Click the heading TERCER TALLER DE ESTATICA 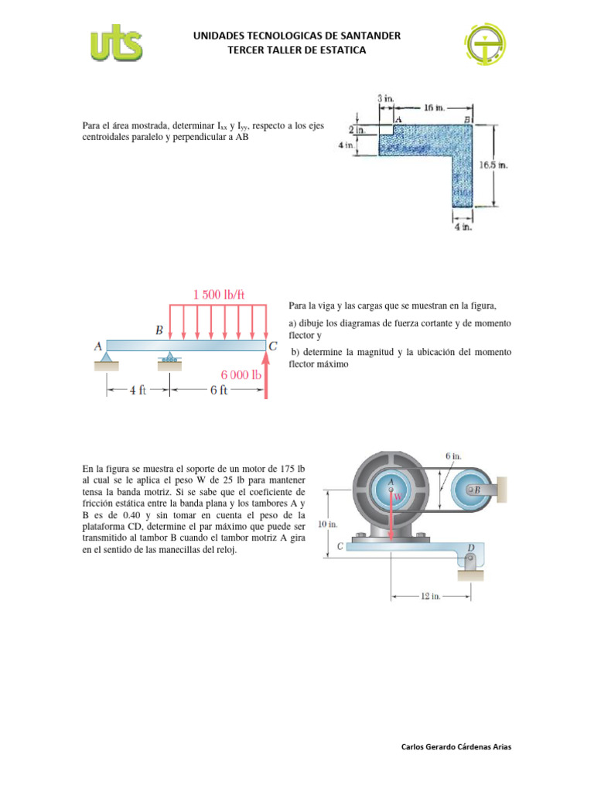point(297,50)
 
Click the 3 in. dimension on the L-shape point(385,99)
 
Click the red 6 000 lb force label point(236,374)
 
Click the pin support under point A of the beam point(107,357)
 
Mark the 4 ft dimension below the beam point(138,391)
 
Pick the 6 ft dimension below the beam point(219,391)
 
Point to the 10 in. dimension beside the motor point(329,524)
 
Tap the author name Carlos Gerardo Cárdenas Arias point(456,747)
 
